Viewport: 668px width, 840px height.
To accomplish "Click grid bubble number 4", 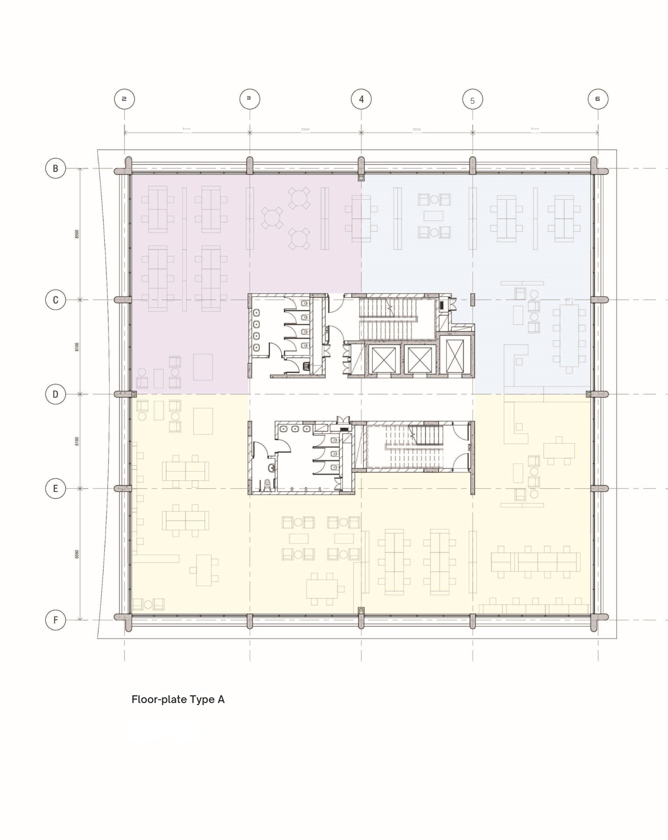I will click(361, 99).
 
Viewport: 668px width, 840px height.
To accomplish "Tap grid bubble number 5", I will click(472, 100).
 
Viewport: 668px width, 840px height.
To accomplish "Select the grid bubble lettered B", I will click(55, 168).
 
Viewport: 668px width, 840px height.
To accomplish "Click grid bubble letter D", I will click(55, 394).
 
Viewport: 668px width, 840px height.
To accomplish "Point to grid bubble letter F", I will click(55, 620).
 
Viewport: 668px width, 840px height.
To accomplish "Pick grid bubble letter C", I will click(55, 300).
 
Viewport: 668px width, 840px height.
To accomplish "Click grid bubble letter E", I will click(55, 488).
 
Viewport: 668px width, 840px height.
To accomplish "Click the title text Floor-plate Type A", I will click(178, 699).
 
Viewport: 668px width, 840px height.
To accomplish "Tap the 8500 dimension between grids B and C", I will click(77, 234).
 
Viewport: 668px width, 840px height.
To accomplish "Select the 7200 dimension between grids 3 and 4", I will click(305, 130).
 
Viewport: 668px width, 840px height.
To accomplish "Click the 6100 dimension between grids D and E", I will click(77, 441).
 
